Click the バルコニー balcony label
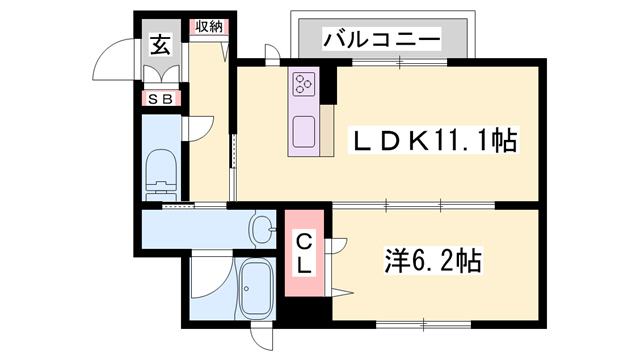382,39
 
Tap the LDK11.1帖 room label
431,142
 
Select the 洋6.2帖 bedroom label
433,262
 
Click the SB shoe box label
160,98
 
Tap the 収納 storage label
209,27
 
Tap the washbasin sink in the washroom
262,229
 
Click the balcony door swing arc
269,52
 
